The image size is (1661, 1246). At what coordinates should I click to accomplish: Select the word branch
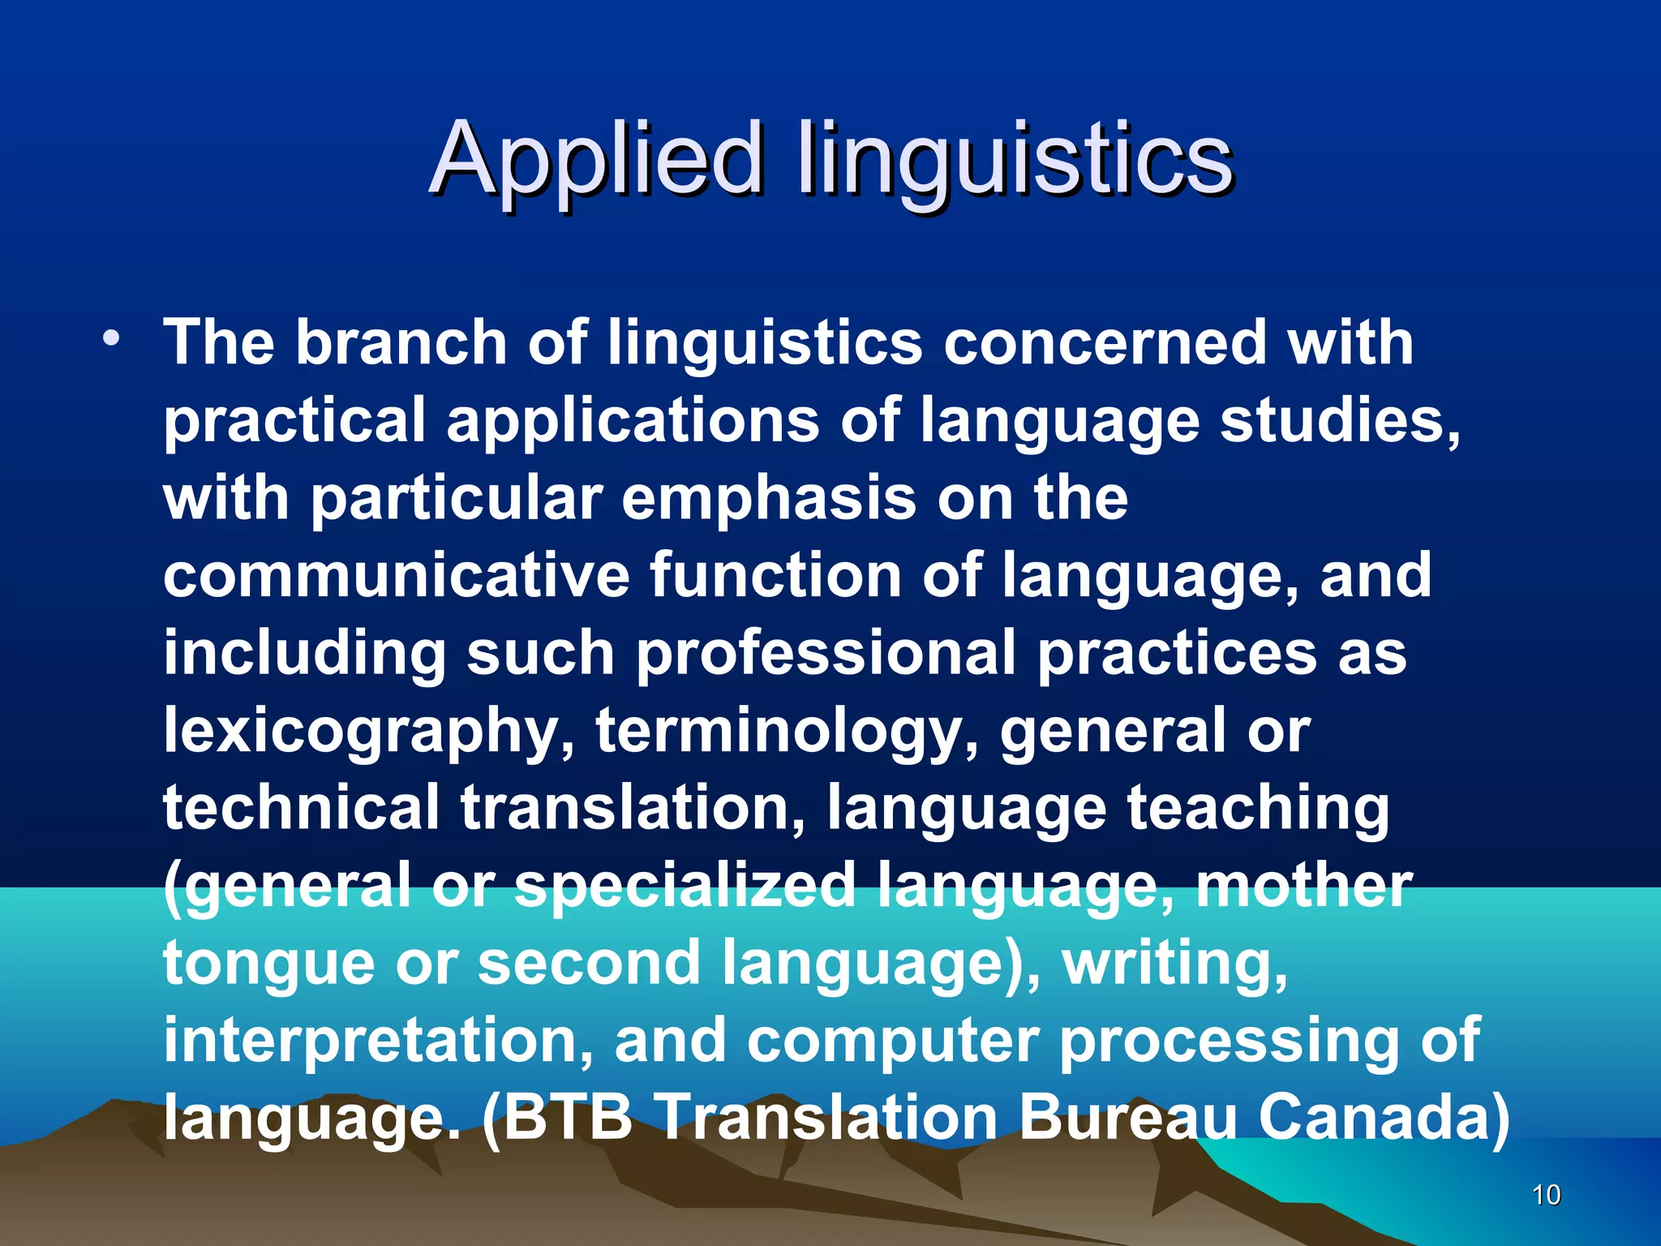[401, 342]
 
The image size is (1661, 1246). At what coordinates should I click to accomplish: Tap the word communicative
[396, 575]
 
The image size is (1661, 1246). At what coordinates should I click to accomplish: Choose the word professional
[826, 653]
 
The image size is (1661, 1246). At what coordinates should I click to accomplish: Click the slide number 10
[1547, 1195]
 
